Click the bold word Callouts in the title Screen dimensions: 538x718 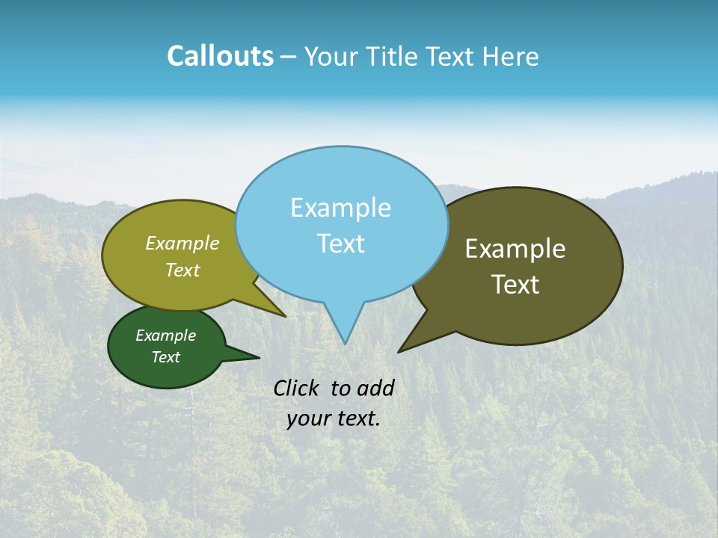[220, 56]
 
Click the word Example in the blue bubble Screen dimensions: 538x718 [340, 208]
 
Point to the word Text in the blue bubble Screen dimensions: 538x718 [340, 244]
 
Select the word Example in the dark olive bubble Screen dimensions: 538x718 [515, 249]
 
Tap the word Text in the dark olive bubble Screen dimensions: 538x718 [515, 285]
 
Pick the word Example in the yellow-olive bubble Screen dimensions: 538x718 [182, 244]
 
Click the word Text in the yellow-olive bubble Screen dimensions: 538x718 [182, 270]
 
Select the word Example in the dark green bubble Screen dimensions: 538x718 [165, 336]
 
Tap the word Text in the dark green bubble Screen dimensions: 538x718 [165, 357]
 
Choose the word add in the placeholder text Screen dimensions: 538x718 [375, 388]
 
